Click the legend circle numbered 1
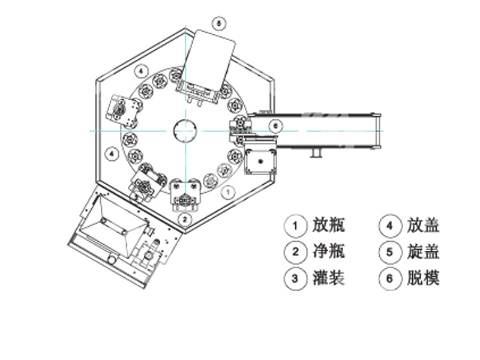(x=295, y=226)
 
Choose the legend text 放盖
(x=423, y=226)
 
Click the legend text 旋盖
(x=423, y=252)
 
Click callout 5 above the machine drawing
(x=219, y=24)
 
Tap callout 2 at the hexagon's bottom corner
(x=185, y=219)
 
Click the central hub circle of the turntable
(x=185, y=130)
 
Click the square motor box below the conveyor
(x=260, y=161)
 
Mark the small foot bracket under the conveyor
(x=314, y=155)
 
